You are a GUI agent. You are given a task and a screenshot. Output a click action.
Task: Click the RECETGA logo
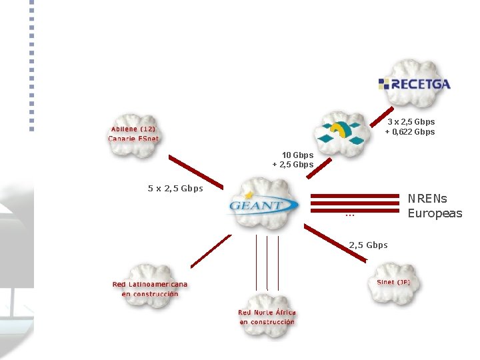pyautogui.click(x=414, y=84)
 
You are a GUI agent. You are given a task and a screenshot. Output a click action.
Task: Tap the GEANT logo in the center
pyautogui.click(x=261, y=204)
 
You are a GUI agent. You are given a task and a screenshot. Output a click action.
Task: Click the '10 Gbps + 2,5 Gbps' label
pyautogui.click(x=293, y=160)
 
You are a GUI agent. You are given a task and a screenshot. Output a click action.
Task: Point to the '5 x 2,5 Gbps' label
pyautogui.click(x=175, y=188)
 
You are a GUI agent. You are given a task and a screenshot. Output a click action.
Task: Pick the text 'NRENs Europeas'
pyautogui.click(x=435, y=206)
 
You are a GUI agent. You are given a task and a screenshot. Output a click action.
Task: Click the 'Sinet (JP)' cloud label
pyautogui.click(x=393, y=282)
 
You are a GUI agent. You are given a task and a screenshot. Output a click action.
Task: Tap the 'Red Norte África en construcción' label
pyautogui.click(x=267, y=317)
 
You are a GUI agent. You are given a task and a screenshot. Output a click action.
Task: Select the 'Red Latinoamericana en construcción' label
pyautogui.click(x=150, y=289)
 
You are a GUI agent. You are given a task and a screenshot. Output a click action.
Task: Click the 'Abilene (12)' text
pyautogui.click(x=134, y=129)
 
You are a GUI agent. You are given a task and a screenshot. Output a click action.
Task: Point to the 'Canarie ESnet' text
pyautogui.click(x=134, y=139)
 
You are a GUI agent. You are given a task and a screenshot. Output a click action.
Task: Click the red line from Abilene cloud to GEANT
pyautogui.click(x=195, y=170)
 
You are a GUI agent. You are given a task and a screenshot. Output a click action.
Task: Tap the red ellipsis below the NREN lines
pyautogui.click(x=349, y=215)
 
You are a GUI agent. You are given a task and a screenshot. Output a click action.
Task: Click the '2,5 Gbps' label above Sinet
pyautogui.click(x=368, y=245)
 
